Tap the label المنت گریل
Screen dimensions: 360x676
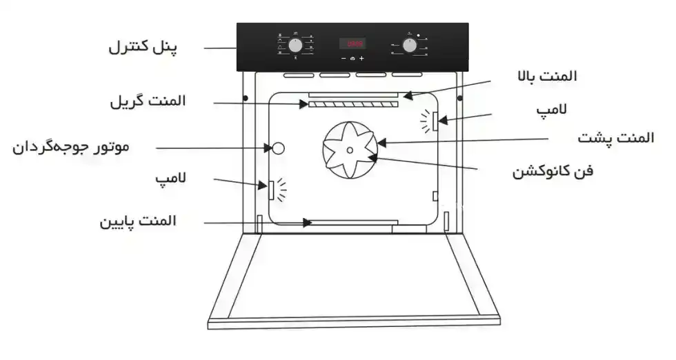click(148, 102)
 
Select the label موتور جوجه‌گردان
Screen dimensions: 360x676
click(71, 147)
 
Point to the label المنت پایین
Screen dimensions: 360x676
click(138, 221)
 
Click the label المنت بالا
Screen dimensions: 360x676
click(548, 77)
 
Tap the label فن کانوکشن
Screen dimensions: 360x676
click(552, 170)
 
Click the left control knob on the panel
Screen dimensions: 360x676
click(295, 46)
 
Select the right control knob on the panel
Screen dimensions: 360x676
click(410, 46)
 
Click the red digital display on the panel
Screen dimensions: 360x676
click(352, 43)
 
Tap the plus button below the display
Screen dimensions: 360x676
click(361, 59)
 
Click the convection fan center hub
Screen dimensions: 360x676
click(350, 149)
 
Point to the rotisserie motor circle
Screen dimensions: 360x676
click(278, 148)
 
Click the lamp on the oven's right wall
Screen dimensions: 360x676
click(436, 121)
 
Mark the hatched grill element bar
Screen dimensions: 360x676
click(353, 105)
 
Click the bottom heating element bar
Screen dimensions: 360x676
click(353, 222)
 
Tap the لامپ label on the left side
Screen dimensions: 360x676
click(172, 179)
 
